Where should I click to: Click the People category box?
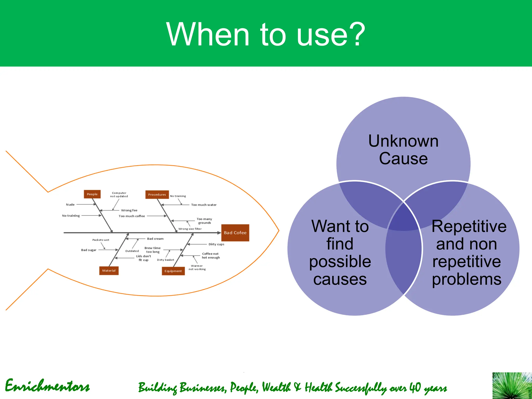[92, 194]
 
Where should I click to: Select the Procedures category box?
[157, 194]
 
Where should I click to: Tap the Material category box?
[109, 270]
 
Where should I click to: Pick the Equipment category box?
[173, 271]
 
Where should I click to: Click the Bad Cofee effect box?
[235, 233]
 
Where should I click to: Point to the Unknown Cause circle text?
[403, 150]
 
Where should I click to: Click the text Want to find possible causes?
[340, 252]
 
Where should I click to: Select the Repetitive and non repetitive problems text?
[468, 252]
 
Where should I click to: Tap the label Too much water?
[204, 205]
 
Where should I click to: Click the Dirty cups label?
[216, 244]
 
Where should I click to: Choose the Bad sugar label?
[89, 250]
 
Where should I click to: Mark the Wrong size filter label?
[190, 229]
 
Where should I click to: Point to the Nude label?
[70, 204]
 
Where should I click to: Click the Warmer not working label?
[197, 267]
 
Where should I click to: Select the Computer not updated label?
[119, 195]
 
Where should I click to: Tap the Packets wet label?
[101, 240]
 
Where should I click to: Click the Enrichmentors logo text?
[47, 386]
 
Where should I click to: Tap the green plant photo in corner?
[512, 385]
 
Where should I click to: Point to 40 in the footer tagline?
[415, 387]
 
